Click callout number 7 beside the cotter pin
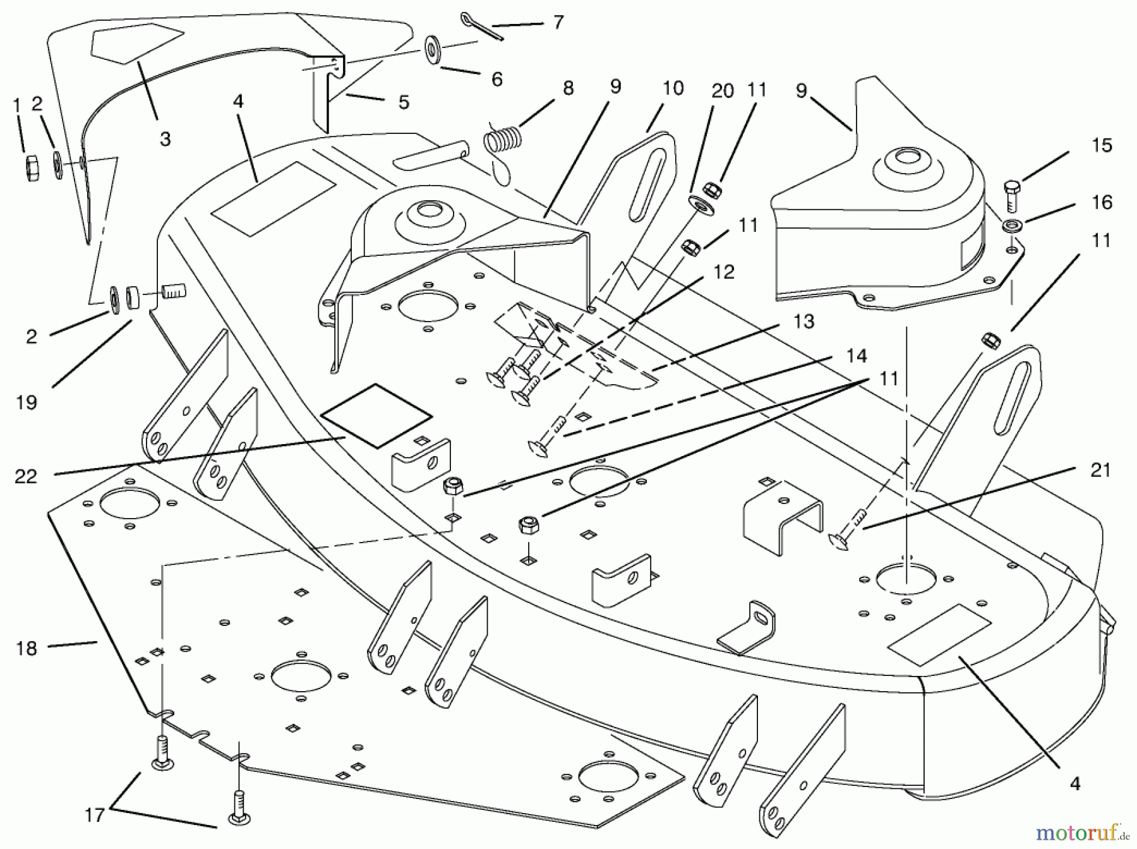point(558,23)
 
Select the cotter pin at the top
point(481,26)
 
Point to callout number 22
point(26,477)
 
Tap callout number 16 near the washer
point(1102,202)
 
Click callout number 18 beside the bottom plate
point(27,648)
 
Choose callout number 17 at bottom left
point(94,816)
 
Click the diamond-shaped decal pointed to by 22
point(376,416)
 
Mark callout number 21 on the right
point(1100,470)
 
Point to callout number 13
point(803,322)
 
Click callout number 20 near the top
point(723,92)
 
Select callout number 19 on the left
point(27,402)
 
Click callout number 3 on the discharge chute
point(165,139)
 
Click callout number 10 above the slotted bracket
point(673,88)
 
